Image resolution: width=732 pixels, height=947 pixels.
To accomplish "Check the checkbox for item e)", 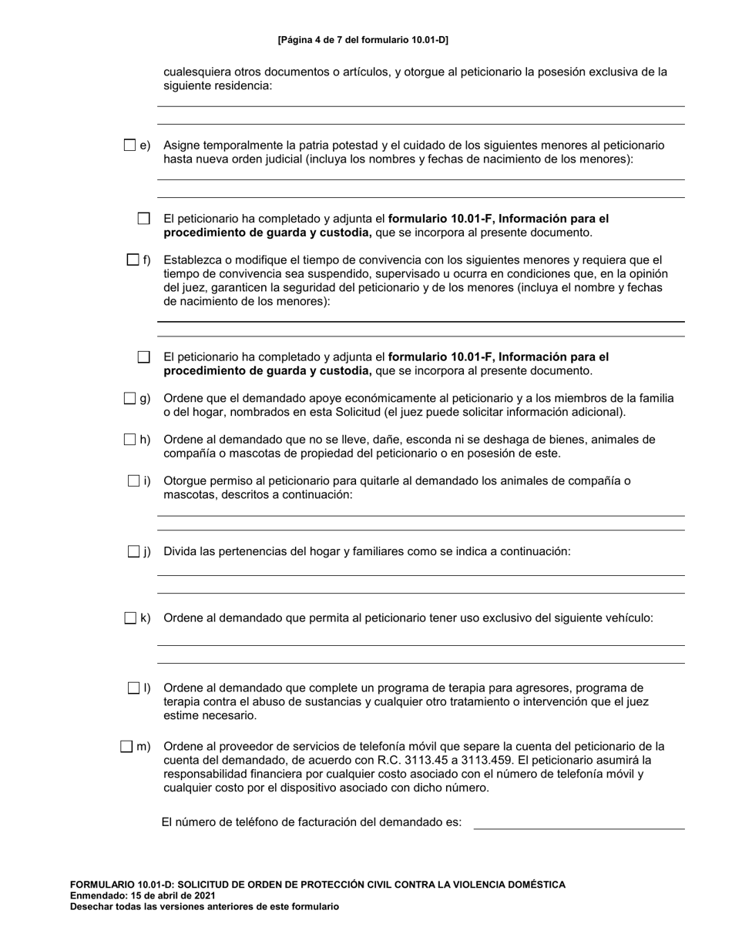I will [x=129, y=145].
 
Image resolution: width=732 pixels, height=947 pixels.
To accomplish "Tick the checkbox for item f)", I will [x=133, y=260].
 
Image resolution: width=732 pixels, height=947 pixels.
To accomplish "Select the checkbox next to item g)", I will [x=129, y=398].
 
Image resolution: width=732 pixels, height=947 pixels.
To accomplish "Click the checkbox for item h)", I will [x=129, y=440].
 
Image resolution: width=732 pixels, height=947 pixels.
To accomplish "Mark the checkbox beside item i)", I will [x=133, y=481].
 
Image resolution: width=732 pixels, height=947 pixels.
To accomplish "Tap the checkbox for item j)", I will [x=133, y=551].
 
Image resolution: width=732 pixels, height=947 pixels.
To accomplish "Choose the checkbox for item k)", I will [x=129, y=617].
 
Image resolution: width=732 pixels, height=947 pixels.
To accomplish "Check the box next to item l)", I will [x=133, y=688].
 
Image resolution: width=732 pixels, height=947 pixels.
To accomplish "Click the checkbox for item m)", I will [x=126, y=746].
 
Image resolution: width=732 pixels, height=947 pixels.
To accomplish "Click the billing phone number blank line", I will [x=579, y=823].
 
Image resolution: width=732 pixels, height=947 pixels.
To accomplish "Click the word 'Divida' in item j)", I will [x=180, y=551].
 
